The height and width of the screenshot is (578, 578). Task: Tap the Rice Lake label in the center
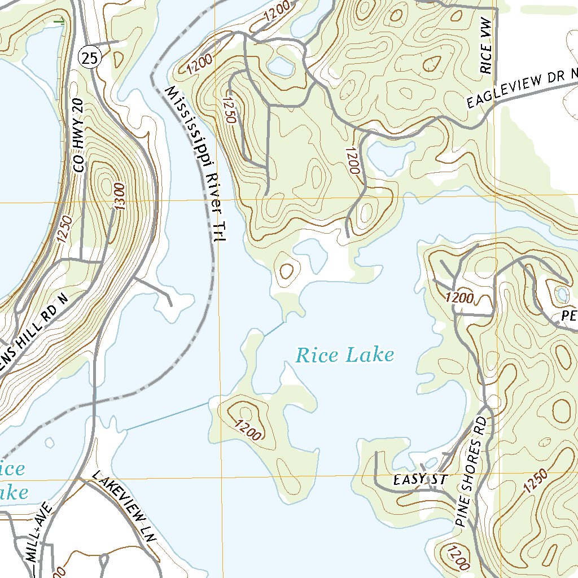[345, 355]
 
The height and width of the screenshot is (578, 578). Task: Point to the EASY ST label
[420, 480]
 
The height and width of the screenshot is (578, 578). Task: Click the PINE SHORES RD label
[471, 472]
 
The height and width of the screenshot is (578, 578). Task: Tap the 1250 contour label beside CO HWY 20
[64, 229]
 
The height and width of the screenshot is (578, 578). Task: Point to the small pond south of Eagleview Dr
[389, 156]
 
